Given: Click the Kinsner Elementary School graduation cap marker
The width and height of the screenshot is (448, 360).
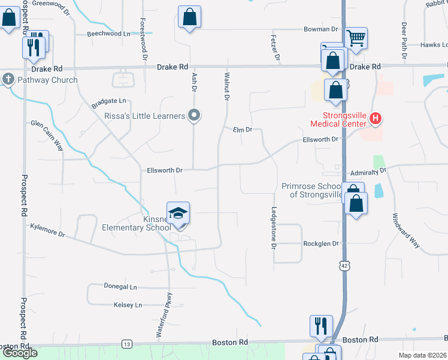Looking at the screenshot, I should click(x=178, y=213).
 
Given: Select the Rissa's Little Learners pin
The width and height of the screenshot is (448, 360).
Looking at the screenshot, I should click(x=193, y=115).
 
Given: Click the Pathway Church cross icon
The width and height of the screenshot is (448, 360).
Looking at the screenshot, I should click(x=8, y=79).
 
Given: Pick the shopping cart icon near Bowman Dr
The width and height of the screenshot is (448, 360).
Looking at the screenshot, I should click(x=356, y=38).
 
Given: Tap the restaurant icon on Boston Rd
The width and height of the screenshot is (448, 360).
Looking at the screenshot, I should click(x=321, y=326).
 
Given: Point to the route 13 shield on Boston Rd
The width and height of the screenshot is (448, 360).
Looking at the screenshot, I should click(x=126, y=344).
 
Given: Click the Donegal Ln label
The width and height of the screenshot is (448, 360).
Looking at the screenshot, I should click(x=120, y=287).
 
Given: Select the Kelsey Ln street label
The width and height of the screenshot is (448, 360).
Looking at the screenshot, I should click(x=128, y=305).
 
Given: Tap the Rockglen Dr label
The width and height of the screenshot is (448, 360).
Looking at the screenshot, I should click(x=321, y=244).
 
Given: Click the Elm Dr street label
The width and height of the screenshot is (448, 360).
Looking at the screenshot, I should click(x=242, y=130).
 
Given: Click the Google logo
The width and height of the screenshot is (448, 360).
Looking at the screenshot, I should click(x=20, y=353).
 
